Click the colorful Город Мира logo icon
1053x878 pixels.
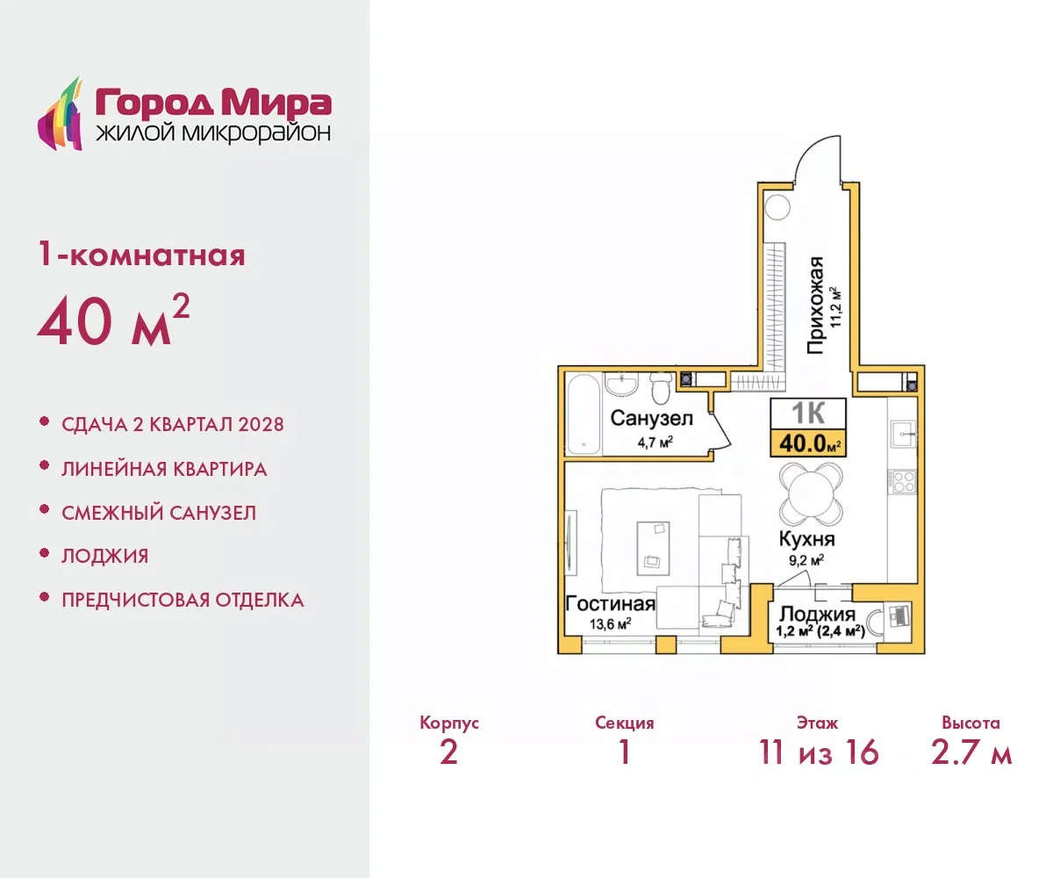click(x=60, y=114)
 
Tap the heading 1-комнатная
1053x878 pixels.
click(x=141, y=255)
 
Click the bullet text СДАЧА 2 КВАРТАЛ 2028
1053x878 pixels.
click(x=173, y=424)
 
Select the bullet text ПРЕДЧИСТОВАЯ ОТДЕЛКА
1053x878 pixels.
click(x=183, y=600)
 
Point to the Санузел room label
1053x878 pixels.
click(x=652, y=418)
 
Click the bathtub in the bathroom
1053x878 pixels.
click(x=584, y=414)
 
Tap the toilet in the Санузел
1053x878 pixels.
click(x=661, y=387)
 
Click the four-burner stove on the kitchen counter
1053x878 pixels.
click(x=902, y=481)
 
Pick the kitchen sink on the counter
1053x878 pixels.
click(x=903, y=434)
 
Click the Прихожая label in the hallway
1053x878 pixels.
click(x=815, y=306)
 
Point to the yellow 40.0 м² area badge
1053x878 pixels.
click(x=808, y=443)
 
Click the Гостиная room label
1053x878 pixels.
click(x=610, y=604)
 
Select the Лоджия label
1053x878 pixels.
click(x=817, y=615)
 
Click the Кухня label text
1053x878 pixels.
click(x=807, y=539)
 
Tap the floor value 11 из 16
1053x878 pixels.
click(x=819, y=752)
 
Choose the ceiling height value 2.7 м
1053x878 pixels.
click(x=971, y=752)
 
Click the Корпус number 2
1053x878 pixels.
click(x=448, y=752)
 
